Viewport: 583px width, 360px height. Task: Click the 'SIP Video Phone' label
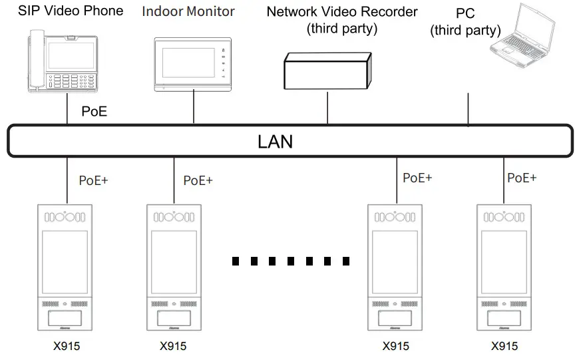click(x=71, y=11)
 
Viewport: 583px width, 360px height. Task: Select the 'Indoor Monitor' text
click(x=189, y=11)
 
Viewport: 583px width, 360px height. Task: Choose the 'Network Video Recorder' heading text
click(x=342, y=12)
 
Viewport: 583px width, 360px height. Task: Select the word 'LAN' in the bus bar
click(x=275, y=142)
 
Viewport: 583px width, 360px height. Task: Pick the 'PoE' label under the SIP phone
click(x=94, y=111)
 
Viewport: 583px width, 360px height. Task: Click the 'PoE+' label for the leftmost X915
click(x=93, y=180)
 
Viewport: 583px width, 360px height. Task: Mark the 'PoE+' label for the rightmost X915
click(x=522, y=178)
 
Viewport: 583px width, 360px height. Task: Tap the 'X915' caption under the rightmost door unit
click(x=504, y=346)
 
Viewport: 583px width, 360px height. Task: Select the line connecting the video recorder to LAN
click(x=327, y=106)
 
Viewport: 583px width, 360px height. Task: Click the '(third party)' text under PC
click(x=466, y=30)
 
